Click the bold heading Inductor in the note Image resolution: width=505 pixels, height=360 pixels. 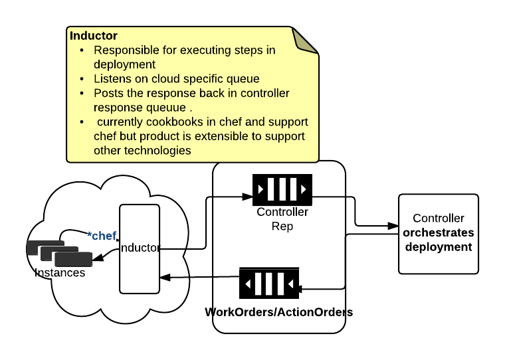pyautogui.click(x=94, y=36)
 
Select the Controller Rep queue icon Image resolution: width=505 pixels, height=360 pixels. pyautogui.click(x=282, y=190)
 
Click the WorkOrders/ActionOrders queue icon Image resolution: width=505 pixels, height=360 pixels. pyautogui.click(x=269, y=284)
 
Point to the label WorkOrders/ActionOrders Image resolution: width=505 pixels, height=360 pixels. pyautogui.click(x=279, y=312)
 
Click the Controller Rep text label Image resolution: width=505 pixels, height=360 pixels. pyautogui.click(x=282, y=219)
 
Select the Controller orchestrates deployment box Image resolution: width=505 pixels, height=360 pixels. pyautogui.click(x=438, y=234)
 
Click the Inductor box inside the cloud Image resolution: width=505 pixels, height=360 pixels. pyautogui.click(x=140, y=248)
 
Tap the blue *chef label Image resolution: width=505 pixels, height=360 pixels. pyautogui.click(x=102, y=236)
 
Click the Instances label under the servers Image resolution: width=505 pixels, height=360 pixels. pyautogui.click(x=60, y=272)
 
